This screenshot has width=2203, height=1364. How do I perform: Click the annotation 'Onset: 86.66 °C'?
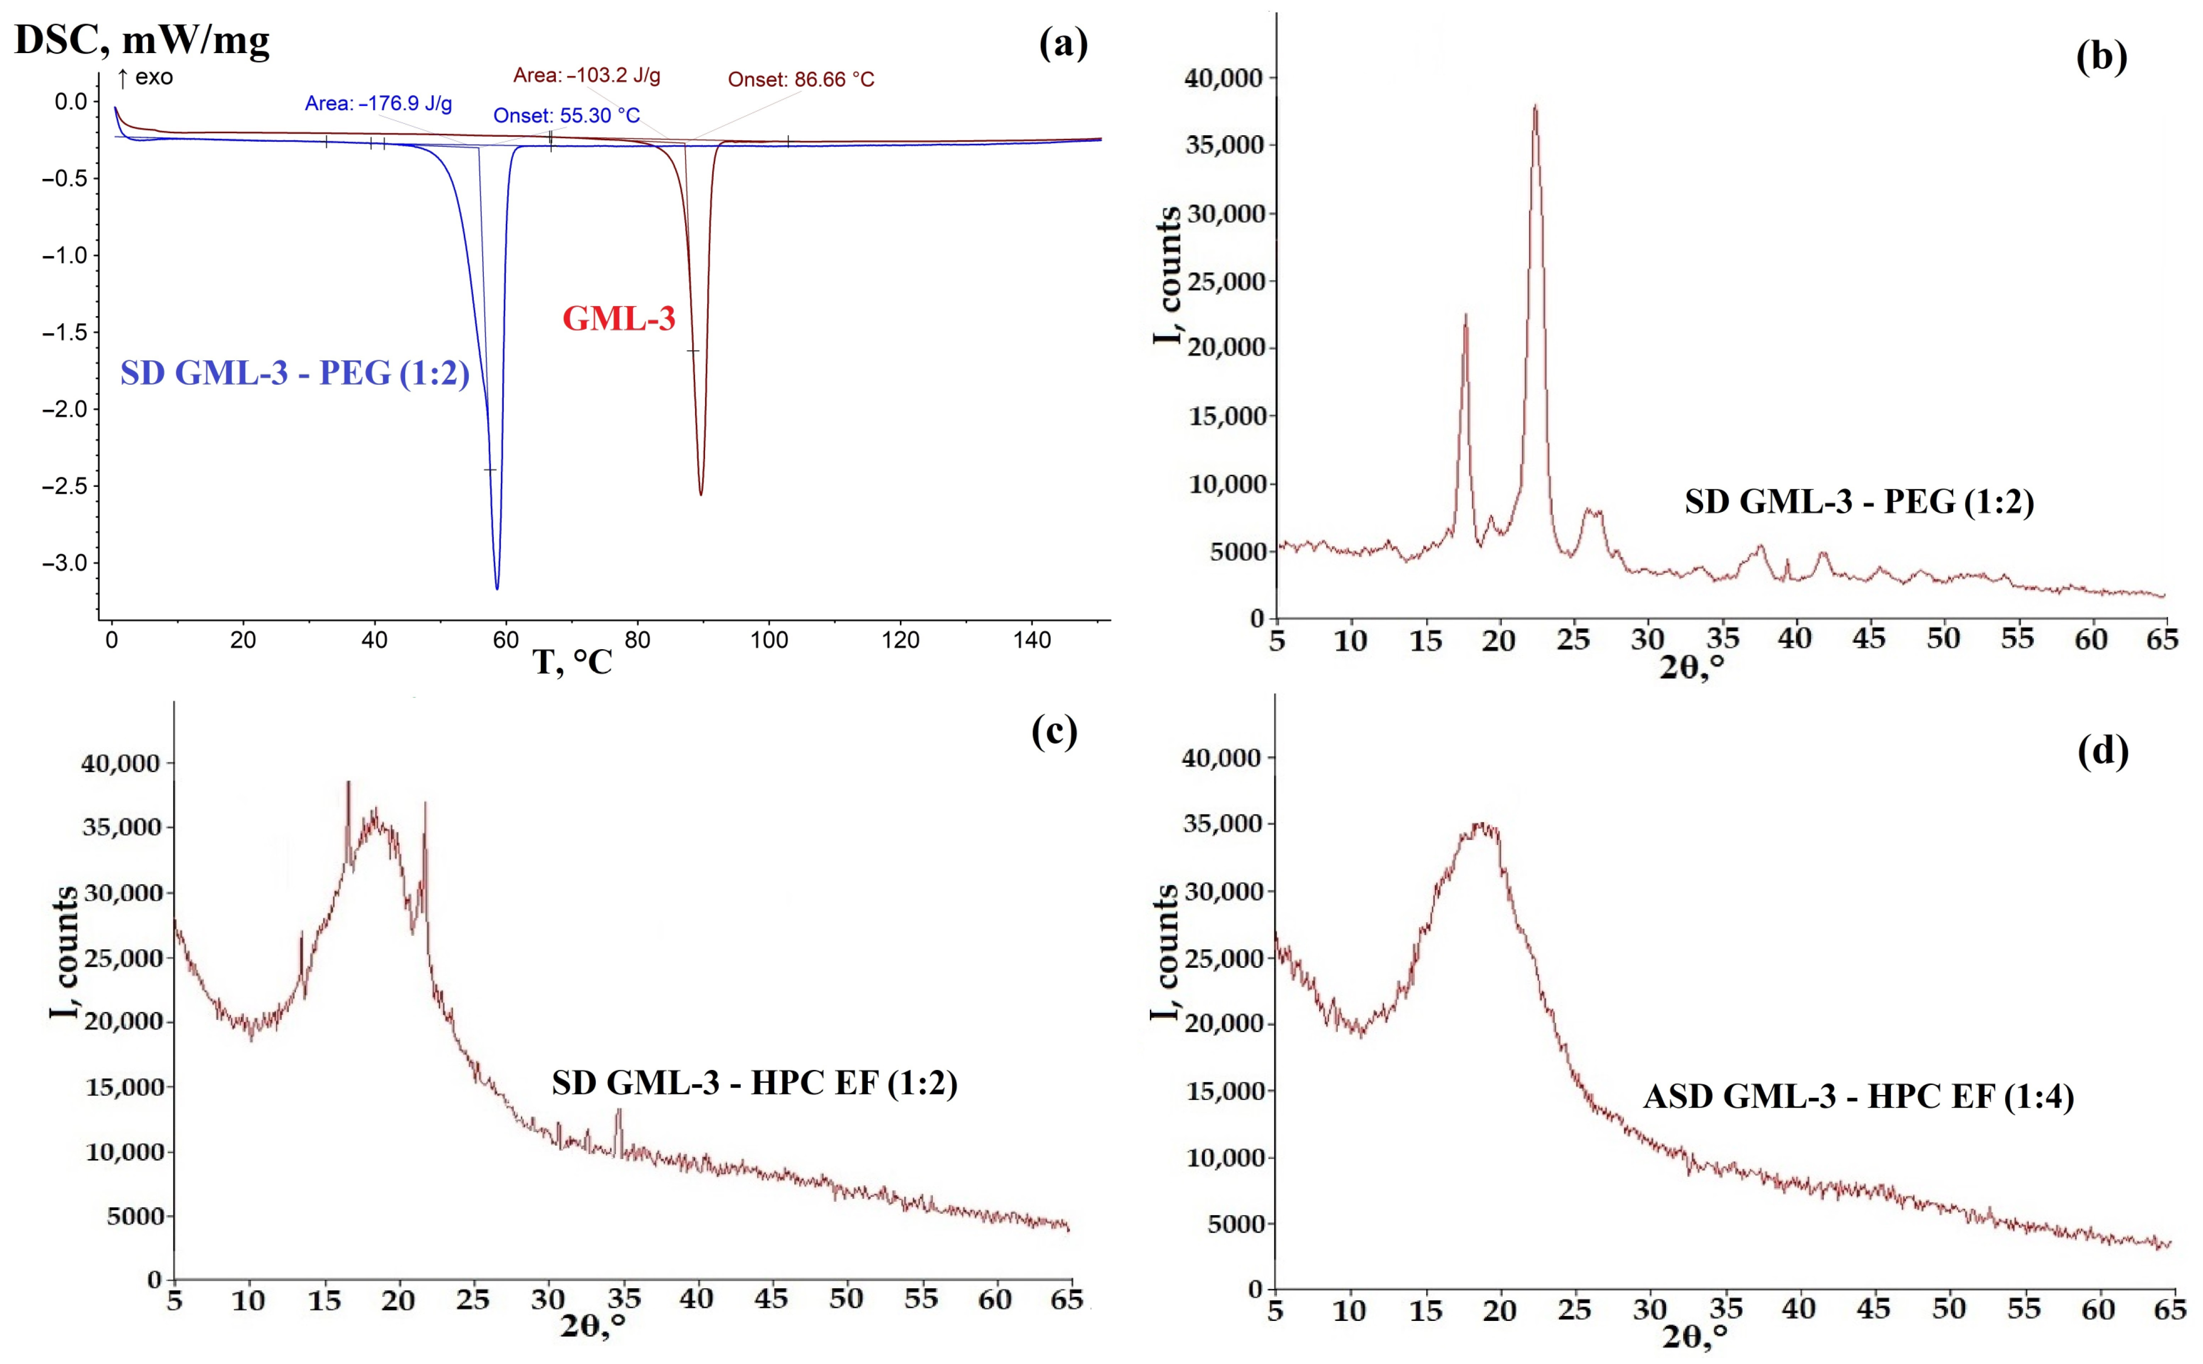[x=801, y=79]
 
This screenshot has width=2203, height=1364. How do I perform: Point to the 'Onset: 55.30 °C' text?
[x=566, y=116]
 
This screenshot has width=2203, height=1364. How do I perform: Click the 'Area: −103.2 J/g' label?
[x=587, y=75]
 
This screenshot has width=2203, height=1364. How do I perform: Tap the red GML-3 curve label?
[x=618, y=319]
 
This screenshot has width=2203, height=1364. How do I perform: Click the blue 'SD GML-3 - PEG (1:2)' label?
[x=295, y=373]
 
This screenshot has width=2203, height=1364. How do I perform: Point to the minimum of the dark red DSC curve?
[x=701, y=493]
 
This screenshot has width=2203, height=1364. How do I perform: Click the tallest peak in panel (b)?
[x=1535, y=107]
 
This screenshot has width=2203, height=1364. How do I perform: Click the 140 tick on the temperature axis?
[x=1032, y=641]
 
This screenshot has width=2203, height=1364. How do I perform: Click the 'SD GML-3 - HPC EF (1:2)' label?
[x=754, y=1082]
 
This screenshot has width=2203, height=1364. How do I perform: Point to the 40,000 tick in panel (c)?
[x=120, y=763]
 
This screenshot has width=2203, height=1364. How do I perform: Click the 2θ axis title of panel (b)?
[x=1692, y=668]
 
